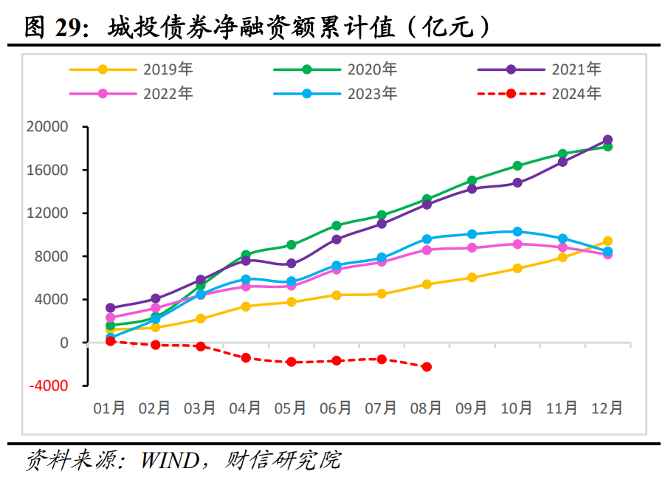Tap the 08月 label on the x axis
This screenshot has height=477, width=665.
point(426,408)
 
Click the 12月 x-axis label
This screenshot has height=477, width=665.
point(607,408)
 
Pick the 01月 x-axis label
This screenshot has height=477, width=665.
point(110,408)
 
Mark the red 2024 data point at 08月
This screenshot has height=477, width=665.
point(427,367)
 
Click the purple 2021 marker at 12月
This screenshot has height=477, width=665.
point(607,140)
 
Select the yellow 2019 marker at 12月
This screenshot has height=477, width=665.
point(607,241)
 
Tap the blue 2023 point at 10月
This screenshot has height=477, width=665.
point(517,232)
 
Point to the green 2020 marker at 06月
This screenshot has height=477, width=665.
point(337,225)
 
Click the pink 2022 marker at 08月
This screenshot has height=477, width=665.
point(427,250)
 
